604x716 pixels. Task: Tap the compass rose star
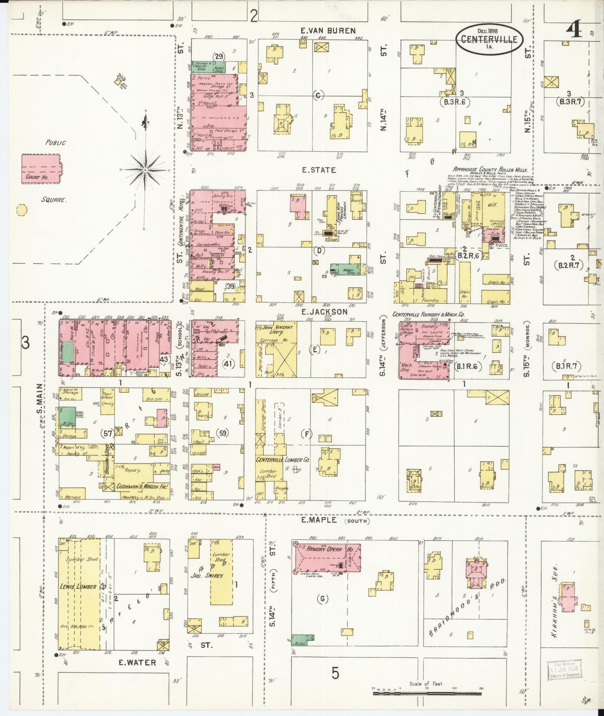coord(145,170)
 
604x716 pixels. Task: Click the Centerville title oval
coord(489,39)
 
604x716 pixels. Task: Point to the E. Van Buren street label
coord(328,30)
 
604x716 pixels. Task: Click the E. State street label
coord(319,170)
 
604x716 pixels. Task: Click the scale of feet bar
coord(427,693)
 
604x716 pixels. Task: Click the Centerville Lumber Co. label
coord(283,459)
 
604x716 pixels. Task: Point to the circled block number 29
coord(219,56)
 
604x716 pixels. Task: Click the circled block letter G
coord(322,599)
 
